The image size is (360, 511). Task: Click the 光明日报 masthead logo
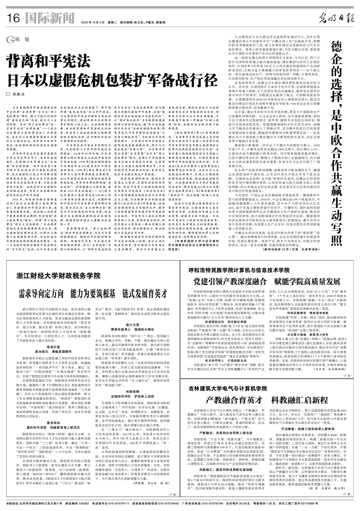point(336,19)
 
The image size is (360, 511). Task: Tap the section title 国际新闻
point(50,19)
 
